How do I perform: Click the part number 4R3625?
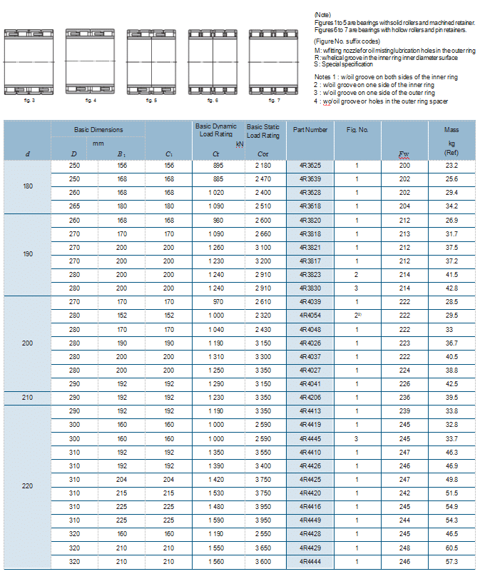coord(310,166)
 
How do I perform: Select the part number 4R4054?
coord(310,316)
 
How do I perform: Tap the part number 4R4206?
coord(310,397)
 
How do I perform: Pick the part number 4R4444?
coord(310,561)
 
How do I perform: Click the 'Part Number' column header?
coord(310,130)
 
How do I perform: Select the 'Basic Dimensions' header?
coord(98,130)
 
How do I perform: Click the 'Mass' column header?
coord(451,130)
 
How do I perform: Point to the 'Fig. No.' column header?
coord(357,130)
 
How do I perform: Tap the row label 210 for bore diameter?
coord(27,397)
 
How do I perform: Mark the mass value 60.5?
coord(451,548)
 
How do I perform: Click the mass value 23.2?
coord(451,166)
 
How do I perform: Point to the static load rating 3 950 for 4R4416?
coord(262,506)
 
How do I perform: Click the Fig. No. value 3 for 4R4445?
coord(357,438)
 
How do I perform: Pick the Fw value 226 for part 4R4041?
coord(404,383)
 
